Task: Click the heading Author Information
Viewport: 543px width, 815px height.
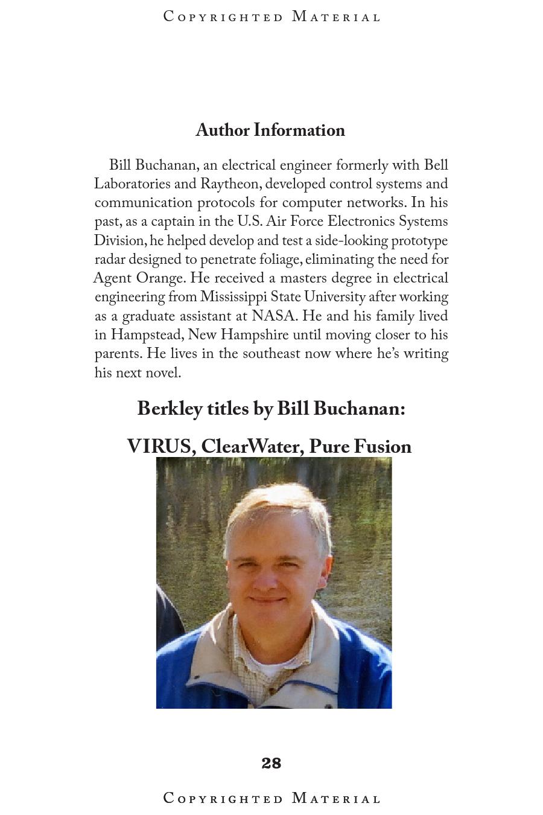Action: point(270,130)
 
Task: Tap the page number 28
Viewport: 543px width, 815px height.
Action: point(271,763)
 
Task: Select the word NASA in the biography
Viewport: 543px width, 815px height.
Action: point(274,316)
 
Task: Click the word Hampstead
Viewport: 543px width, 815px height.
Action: point(147,334)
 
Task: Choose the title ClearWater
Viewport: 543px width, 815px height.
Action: point(251,447)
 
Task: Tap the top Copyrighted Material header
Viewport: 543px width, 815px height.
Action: point(271,17)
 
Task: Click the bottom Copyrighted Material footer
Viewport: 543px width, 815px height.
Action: point(271,799)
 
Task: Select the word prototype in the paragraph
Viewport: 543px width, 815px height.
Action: point(419,241)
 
